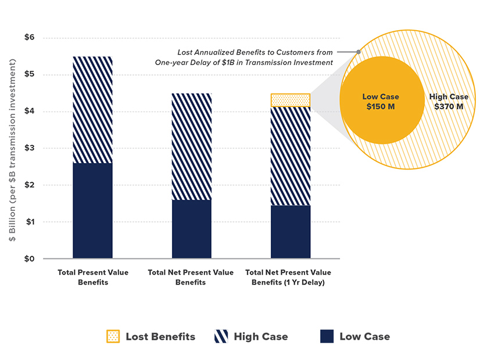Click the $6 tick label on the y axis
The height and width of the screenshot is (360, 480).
pyautogui.click(x=30, y=38)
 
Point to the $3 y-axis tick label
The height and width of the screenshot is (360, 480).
pyautogui.click(x=30, y=148)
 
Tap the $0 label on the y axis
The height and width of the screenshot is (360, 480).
pyautogui.click(x=30, y=259)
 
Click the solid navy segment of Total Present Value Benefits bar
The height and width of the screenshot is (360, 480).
pyautogui.click(x=92, y=210)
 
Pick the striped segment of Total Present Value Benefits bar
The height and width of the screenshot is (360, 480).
pyautogui.click(x=92, y=110)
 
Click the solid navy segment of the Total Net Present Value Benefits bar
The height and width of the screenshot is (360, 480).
pyautogui.click(x=191, y=229)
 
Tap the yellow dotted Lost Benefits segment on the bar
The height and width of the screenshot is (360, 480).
pyautogui.click(x=291, y=100)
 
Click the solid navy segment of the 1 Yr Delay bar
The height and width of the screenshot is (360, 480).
pyautogui.click(x=291, y=232)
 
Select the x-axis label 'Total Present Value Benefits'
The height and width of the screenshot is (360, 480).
pyautogui.click(x=93, y=277)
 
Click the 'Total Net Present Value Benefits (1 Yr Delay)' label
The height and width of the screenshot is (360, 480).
pyautogui.click(x=288, y=277)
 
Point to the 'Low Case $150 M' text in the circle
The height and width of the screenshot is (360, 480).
pyautogui.click(x=381, y=102)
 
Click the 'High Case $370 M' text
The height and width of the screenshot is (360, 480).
pyautogui.click(x=448, y=102)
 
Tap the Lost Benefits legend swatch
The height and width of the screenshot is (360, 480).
pyautogui.click(x=113, y=336)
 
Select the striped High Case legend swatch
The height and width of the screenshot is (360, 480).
pyautogui.click(x=221, y=336)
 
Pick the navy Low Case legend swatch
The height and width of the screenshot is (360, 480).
pyautogui.click(x=327, y=336)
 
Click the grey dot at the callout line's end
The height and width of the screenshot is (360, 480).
pyautogui.click(x=359, y=52)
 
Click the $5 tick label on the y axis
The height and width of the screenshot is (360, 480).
pyautogui.click(x=30, y=74)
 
